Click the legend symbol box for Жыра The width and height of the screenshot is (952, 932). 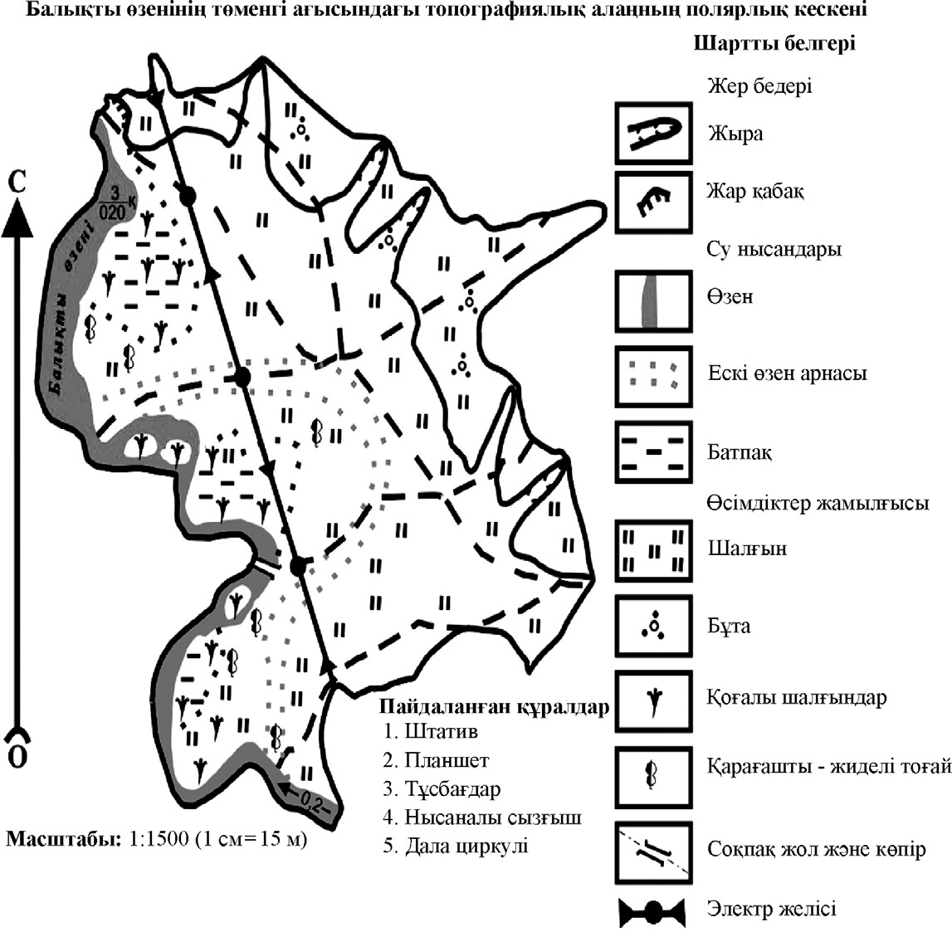point(653,133)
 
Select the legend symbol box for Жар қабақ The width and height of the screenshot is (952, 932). point(653,203)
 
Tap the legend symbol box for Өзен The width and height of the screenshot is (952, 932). point(653,301)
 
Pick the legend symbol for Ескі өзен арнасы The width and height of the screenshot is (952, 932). point(653,377)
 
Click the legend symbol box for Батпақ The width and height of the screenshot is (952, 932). point(653,452)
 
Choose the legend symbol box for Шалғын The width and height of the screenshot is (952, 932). point(653,551)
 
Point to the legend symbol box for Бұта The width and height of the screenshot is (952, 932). point(653,626)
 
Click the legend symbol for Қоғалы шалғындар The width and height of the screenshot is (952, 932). point(653,701)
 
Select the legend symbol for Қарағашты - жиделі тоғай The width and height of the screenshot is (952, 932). point(653,777)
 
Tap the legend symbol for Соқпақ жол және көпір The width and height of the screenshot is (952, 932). point(653,852)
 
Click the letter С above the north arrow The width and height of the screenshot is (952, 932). point(17,182)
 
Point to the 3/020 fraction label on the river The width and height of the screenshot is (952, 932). point(115,203)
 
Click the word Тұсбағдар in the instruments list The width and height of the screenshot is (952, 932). point(452,788)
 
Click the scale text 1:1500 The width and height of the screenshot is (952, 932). point(155,838)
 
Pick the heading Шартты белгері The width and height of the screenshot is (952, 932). point(774,44)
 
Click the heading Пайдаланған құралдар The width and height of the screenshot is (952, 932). point(494,707)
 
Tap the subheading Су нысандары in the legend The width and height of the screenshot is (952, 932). point(774,249)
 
